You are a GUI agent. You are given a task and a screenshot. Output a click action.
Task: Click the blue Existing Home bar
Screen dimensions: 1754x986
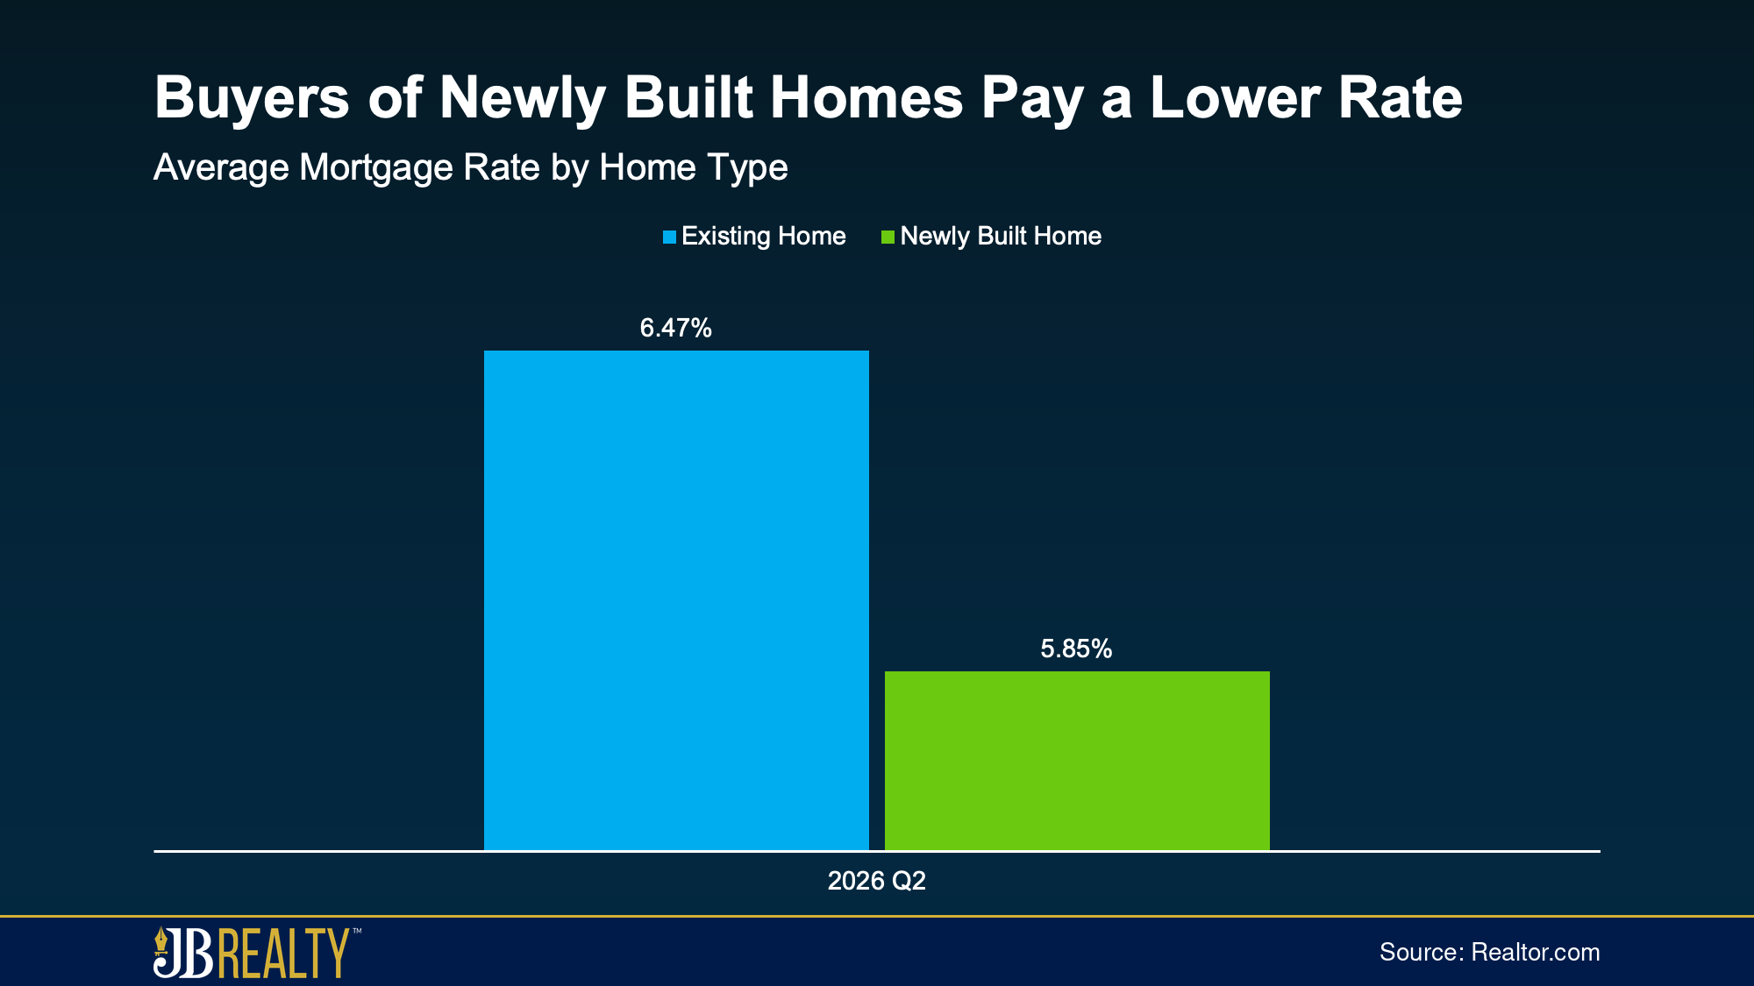676,600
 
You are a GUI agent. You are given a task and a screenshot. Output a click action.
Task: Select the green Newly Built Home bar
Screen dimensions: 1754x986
1077,761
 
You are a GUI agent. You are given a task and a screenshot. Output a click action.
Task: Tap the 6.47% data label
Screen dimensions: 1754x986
675,328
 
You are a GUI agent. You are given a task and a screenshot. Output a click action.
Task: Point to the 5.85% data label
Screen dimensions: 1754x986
1076,649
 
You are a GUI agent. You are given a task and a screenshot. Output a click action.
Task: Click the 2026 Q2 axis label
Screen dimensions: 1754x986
876,881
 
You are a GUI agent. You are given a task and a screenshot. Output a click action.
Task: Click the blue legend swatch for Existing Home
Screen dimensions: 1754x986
669,237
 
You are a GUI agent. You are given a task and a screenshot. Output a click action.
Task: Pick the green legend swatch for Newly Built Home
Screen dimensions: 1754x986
888,237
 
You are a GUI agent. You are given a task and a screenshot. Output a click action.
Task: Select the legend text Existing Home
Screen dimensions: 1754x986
763,236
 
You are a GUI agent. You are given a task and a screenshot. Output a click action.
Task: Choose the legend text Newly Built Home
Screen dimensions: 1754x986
1001,236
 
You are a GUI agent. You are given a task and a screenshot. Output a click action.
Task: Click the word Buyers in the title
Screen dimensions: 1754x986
252,98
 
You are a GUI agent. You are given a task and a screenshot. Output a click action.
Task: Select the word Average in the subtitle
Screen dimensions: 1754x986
222,167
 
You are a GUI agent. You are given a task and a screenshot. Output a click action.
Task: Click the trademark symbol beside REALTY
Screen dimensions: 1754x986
356,932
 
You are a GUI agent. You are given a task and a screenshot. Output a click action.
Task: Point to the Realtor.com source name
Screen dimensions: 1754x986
1536,953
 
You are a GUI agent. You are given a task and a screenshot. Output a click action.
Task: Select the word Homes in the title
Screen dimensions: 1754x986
866,97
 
